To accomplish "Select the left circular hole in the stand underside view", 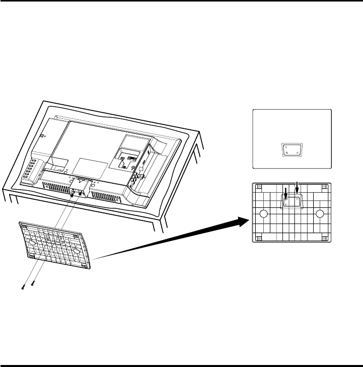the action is [262, 214].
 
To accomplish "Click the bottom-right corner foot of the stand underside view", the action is [324, 237].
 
